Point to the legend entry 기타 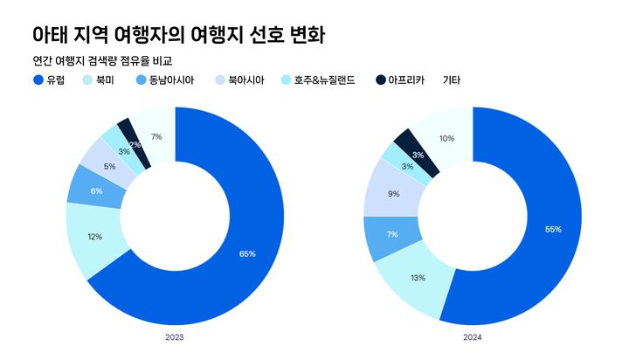coord(452,80)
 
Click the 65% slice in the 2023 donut coord(247,253)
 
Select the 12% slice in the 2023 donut coord(94,237)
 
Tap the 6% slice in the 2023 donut coord(96,191)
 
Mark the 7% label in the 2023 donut coord(156,136)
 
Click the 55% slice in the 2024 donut coord(552,229)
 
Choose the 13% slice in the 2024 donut coord(418,277)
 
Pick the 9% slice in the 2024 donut coord(394,194)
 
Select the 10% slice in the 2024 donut coord(446,138)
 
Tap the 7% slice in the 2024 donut coord(392,235)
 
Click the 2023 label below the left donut coord(174,336)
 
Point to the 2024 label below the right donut coord(473,336)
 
